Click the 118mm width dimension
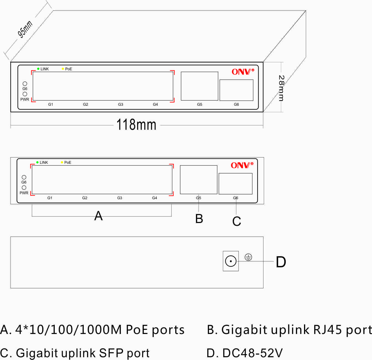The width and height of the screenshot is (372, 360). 136,125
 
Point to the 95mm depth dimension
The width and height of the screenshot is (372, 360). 25,29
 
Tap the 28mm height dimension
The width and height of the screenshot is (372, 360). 281,88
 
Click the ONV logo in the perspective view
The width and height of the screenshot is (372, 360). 243,72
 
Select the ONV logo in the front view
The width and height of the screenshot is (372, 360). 242,165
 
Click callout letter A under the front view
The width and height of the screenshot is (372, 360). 98,216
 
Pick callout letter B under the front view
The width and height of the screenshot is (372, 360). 199,219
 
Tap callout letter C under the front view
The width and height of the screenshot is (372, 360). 237,221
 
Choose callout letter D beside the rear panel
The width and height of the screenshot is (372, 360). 281,262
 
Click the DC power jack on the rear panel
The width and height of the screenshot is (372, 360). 231,261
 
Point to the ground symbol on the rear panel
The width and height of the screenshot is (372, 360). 248,257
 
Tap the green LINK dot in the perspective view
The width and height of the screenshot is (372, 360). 38,69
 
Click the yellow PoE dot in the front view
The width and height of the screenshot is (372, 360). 62,162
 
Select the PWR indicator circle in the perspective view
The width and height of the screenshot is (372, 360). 25,94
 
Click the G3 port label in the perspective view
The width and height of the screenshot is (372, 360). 120,104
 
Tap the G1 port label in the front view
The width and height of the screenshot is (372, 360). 50,198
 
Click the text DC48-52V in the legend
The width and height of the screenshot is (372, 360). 253,353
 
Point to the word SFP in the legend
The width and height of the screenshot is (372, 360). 111,353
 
